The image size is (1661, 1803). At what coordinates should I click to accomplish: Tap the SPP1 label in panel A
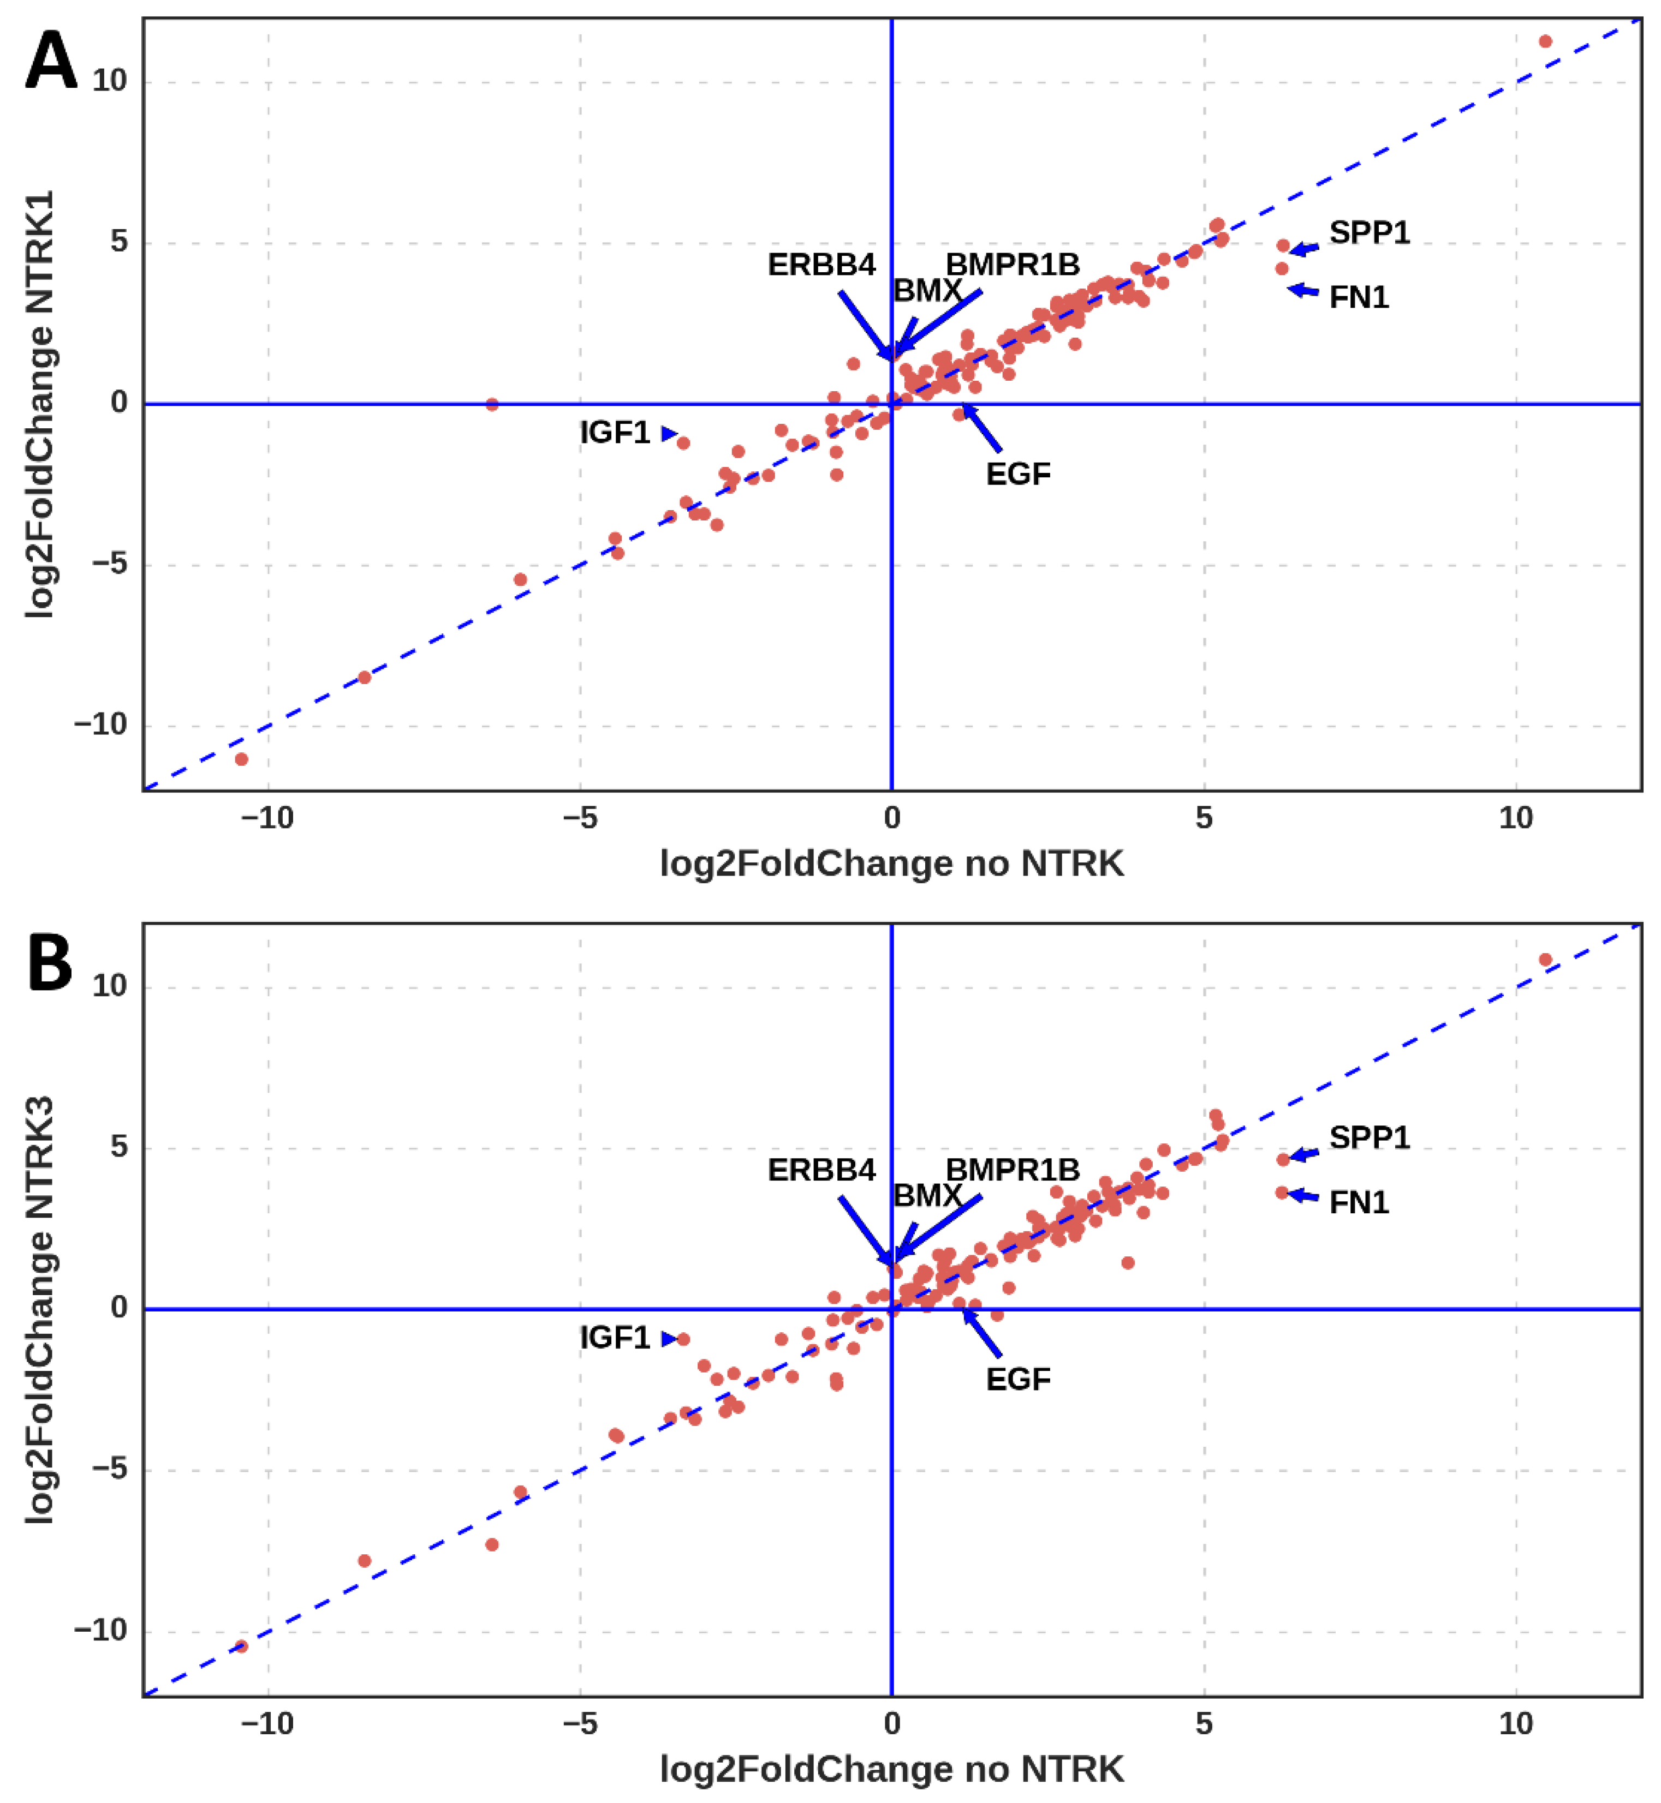coord(1369,233)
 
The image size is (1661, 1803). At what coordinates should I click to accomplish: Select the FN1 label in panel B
coord(1358,1203)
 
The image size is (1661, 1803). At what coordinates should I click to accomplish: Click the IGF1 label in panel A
coord(614,433)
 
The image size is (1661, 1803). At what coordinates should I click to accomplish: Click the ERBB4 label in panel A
coord(820,265)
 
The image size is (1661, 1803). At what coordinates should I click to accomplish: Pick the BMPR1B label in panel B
coord(1012,1170)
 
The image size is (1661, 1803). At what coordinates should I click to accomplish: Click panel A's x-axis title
coord(891,864)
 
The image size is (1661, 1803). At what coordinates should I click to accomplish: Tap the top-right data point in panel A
coord(1545,41)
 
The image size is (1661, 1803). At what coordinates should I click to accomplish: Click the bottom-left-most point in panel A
coord(241,759)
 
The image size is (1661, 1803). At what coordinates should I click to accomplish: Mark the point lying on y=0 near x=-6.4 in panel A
coord(492,404)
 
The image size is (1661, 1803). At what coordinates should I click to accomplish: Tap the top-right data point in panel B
coord(1545,960)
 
